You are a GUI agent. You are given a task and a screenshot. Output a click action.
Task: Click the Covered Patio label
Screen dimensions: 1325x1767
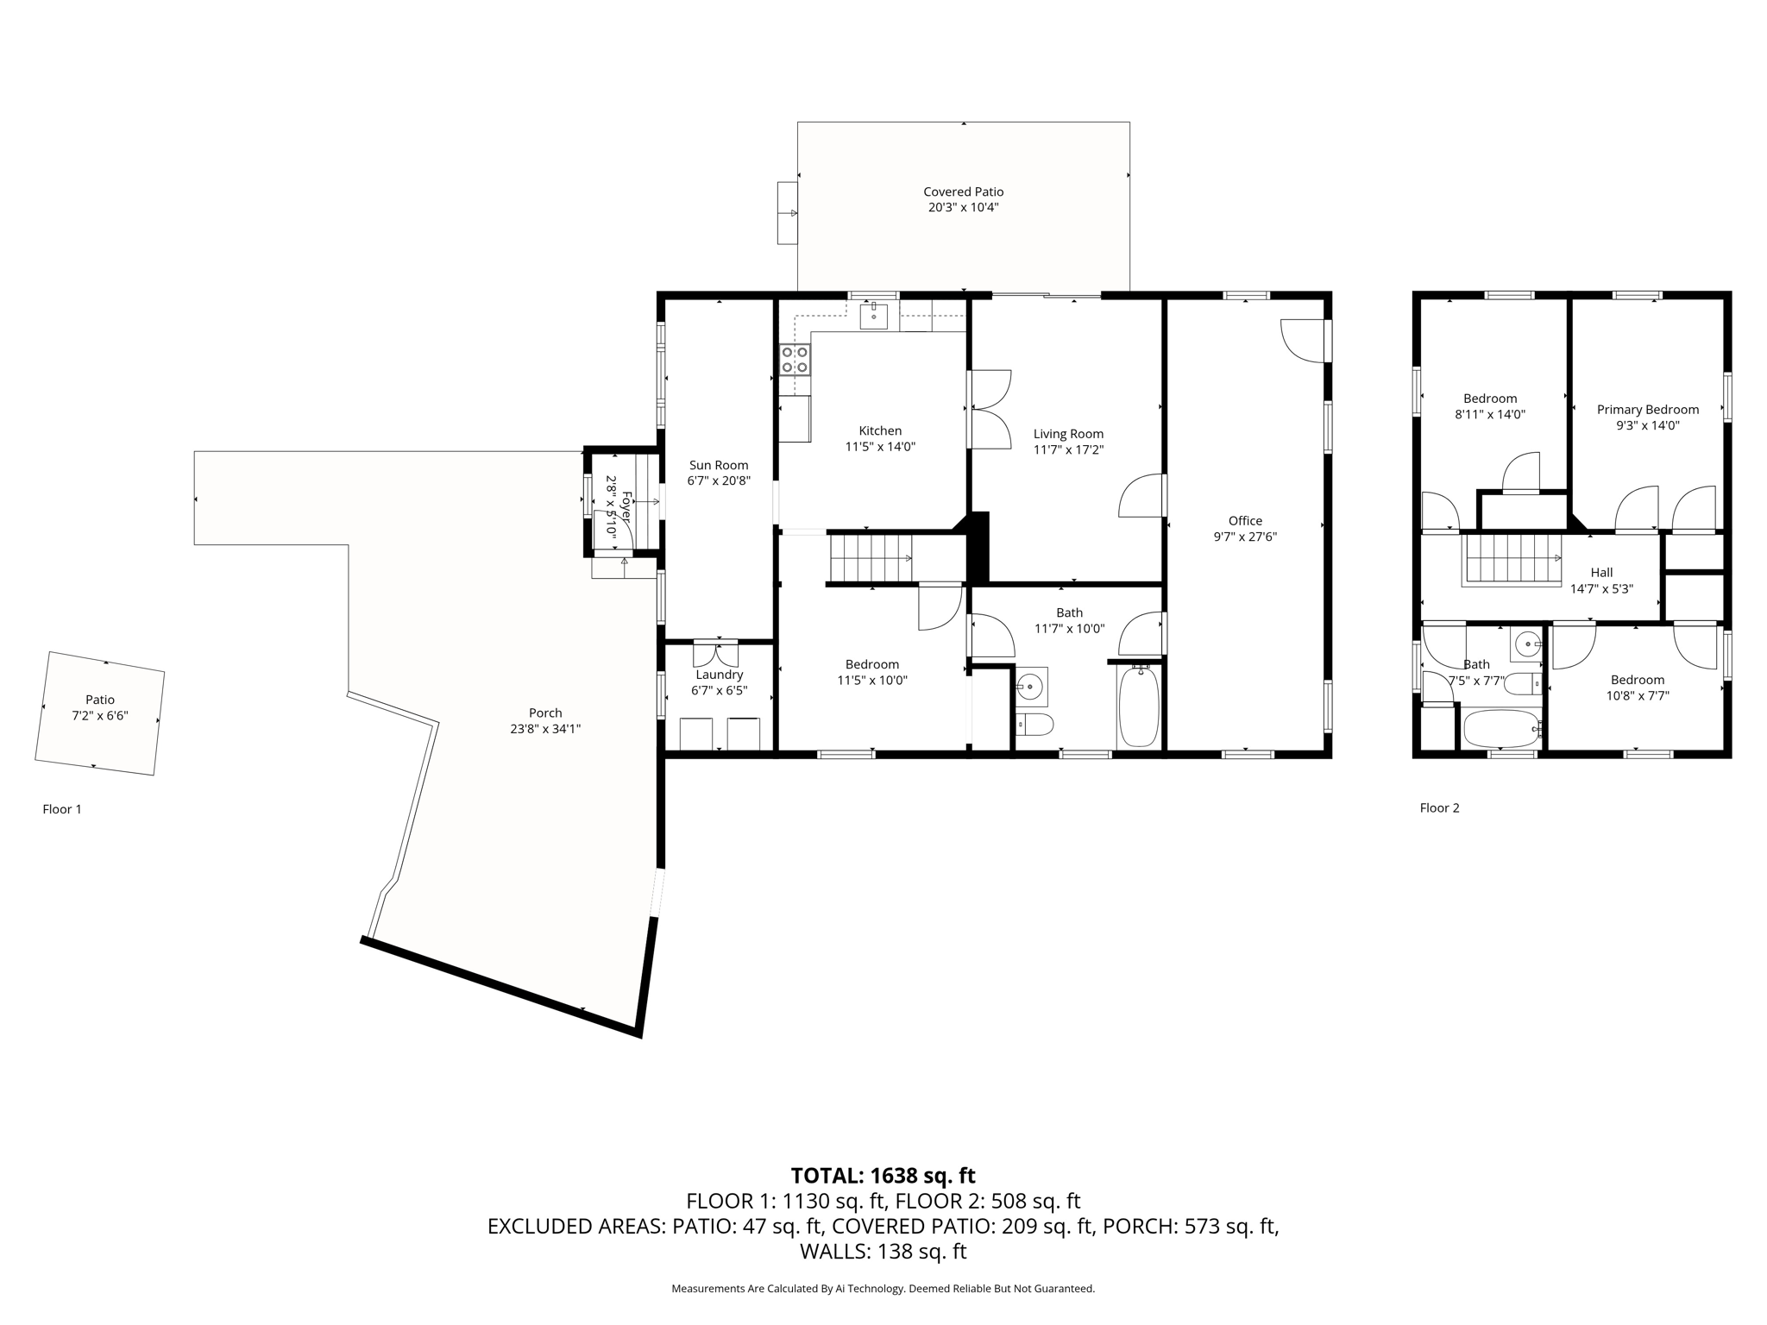point(963,192)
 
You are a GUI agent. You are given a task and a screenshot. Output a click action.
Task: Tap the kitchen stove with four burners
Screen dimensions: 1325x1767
point(795,360)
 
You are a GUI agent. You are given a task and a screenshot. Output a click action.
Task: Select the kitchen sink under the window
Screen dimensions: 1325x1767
point(875,316)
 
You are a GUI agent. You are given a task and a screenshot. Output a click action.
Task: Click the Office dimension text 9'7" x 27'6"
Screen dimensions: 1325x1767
point(1245,537)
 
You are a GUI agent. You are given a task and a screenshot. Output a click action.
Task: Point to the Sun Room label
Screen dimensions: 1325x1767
point(718,465)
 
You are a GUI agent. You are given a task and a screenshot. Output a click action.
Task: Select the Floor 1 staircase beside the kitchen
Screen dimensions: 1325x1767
point(871,557)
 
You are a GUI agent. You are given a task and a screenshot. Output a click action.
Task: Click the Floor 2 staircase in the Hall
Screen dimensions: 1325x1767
point(1512,559)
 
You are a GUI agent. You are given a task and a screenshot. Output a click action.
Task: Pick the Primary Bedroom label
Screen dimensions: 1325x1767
point(1647,410)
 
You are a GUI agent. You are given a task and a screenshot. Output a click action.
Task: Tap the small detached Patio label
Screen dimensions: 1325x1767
point(100,700)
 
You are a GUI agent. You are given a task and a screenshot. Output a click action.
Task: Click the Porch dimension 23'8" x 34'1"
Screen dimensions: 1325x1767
point(544,729)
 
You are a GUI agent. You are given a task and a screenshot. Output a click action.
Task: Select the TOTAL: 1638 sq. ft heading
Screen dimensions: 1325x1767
point(883,1176)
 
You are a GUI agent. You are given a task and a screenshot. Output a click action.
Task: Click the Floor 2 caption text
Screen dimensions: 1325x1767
point(1439,808)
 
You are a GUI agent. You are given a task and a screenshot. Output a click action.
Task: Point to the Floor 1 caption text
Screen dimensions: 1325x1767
point(62,809)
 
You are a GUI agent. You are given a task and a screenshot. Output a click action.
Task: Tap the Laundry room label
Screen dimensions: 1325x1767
point(719,675)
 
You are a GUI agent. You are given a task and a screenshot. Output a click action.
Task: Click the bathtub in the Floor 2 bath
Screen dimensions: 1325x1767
point(1501,729)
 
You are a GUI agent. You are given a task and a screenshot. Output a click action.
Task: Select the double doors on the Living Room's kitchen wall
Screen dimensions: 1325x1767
point(989,409)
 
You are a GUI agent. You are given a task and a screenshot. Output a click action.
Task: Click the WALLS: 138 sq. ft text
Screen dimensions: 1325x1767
point(883,1251)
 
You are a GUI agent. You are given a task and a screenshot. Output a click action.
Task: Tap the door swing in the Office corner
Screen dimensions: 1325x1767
point(1303,342)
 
